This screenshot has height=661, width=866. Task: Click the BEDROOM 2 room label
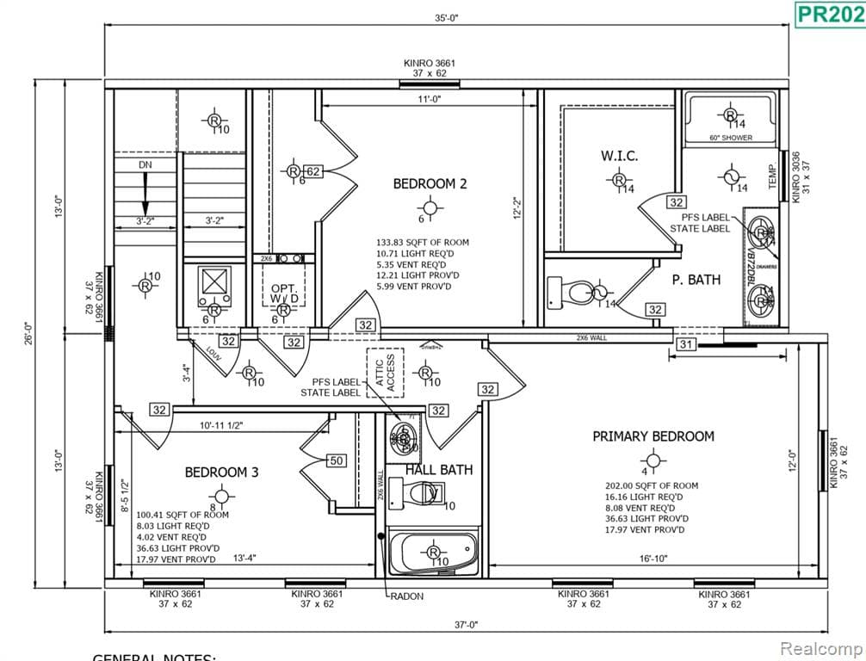[x=430, y=183]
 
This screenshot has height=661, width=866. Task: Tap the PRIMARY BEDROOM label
[x=653, y=436]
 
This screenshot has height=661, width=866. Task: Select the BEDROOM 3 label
[x=221, y=473]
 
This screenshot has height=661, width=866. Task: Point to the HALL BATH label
[x=439, y=470]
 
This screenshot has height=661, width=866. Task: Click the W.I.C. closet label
[x=619, y=156]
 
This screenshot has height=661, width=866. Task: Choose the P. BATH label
[x=696, y=280]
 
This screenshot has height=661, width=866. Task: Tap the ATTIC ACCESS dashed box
[x=385, y=373]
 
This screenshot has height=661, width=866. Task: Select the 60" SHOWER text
[x=730, y=138]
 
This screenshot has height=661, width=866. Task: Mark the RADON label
[x=406, y=596]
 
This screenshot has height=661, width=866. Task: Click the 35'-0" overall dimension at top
[x=447, y=17]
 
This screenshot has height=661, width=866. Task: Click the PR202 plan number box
[x=828, y=14]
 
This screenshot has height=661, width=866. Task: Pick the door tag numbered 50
[x=336, y=460]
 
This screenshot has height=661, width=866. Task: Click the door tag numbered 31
[x=685, y=344]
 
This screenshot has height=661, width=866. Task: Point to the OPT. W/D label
[x=283, y=293]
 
